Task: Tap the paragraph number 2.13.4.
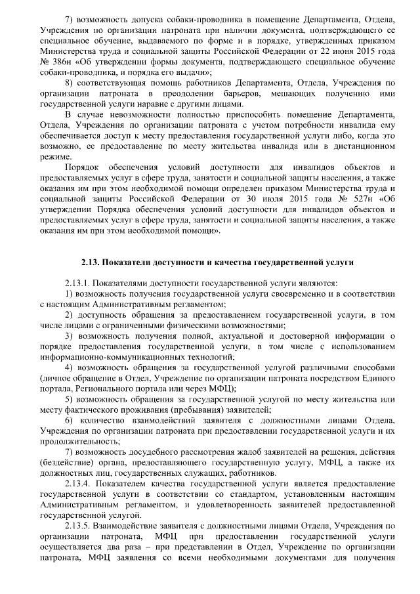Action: pos(80,484)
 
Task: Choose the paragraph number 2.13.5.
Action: pos(80,525)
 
